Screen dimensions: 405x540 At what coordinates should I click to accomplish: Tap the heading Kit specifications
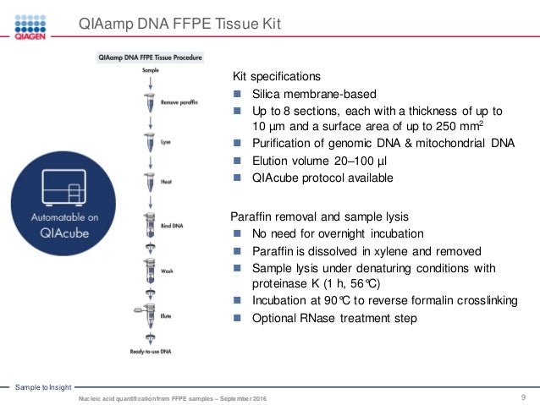tap(277, 75)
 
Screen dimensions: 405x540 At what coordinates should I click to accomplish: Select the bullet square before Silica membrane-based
tap(239, 94)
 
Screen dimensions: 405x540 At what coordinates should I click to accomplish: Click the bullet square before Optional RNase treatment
tap(239, 319)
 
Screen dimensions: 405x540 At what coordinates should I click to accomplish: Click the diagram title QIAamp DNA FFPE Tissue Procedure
tap(151, 59)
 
